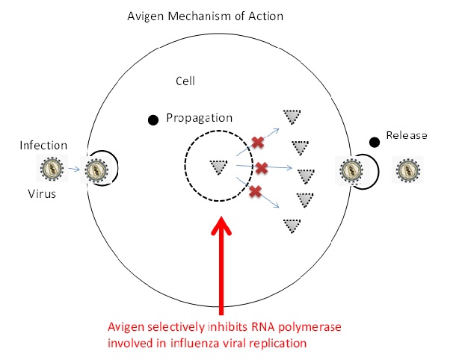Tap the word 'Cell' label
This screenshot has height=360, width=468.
[185, 81]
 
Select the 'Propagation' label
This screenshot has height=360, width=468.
[200, 118]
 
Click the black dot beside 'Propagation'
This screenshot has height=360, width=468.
[153, 119]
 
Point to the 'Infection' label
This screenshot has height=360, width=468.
[43, 145]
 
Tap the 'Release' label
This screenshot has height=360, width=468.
[407, 135]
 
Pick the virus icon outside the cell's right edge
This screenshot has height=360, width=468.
[409, 170]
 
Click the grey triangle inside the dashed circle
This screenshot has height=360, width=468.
[218, 167]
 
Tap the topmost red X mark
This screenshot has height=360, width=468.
[257, 142]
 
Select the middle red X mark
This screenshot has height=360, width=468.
[262, 167]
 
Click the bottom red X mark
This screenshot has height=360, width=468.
[255, 192]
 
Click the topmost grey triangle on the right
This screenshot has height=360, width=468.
[290, 117]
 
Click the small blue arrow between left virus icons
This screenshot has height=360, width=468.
[74, 170]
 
